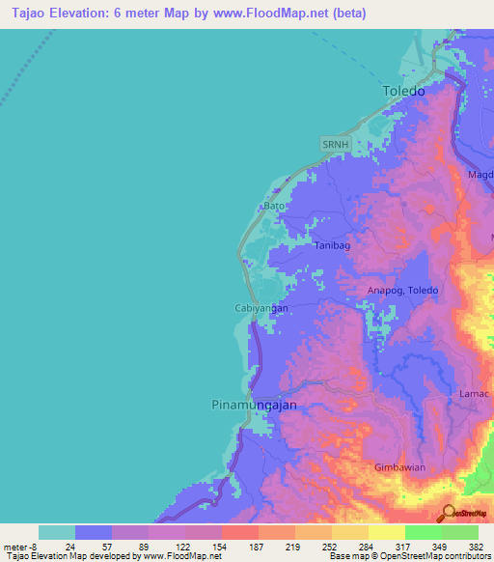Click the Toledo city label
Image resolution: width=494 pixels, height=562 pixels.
coord(403,91)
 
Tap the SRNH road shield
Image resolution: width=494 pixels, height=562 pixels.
coord(334,143)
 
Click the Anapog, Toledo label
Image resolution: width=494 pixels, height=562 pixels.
coord(403,291)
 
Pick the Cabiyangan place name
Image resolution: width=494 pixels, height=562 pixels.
coord(261,308)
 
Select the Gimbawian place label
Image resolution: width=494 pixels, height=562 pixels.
coord(400,467)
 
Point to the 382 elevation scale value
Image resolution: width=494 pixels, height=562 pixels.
coord(476,547)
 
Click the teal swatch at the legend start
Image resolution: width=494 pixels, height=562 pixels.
coord(57,532)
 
